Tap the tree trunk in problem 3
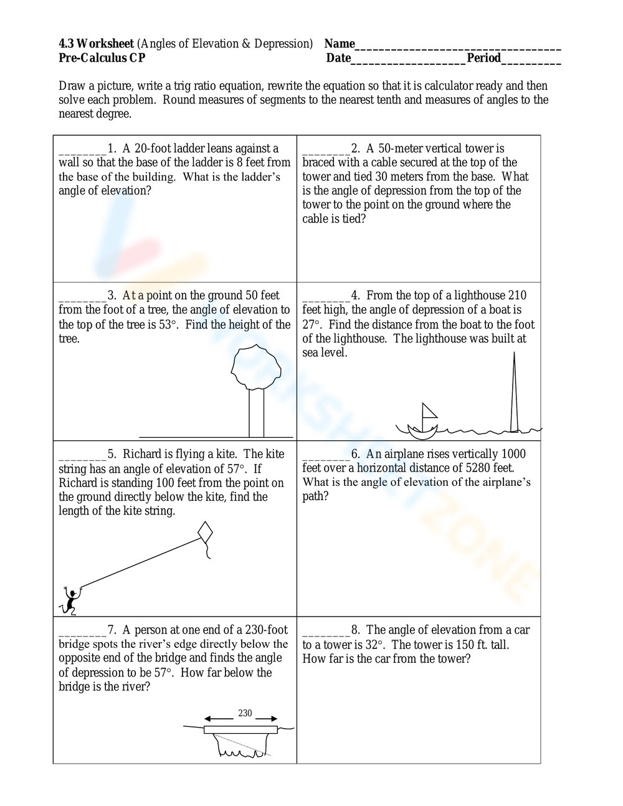[256, 413]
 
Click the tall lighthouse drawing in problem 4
[514, 392]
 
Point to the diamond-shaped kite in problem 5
[205, 533]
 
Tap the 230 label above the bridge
[245, 713]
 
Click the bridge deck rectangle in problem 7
[240, 729]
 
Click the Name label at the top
[340, 44]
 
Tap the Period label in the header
[484, 58]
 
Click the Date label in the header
[338, 58]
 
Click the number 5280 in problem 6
[479, 468]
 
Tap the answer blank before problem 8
[326, 631]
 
